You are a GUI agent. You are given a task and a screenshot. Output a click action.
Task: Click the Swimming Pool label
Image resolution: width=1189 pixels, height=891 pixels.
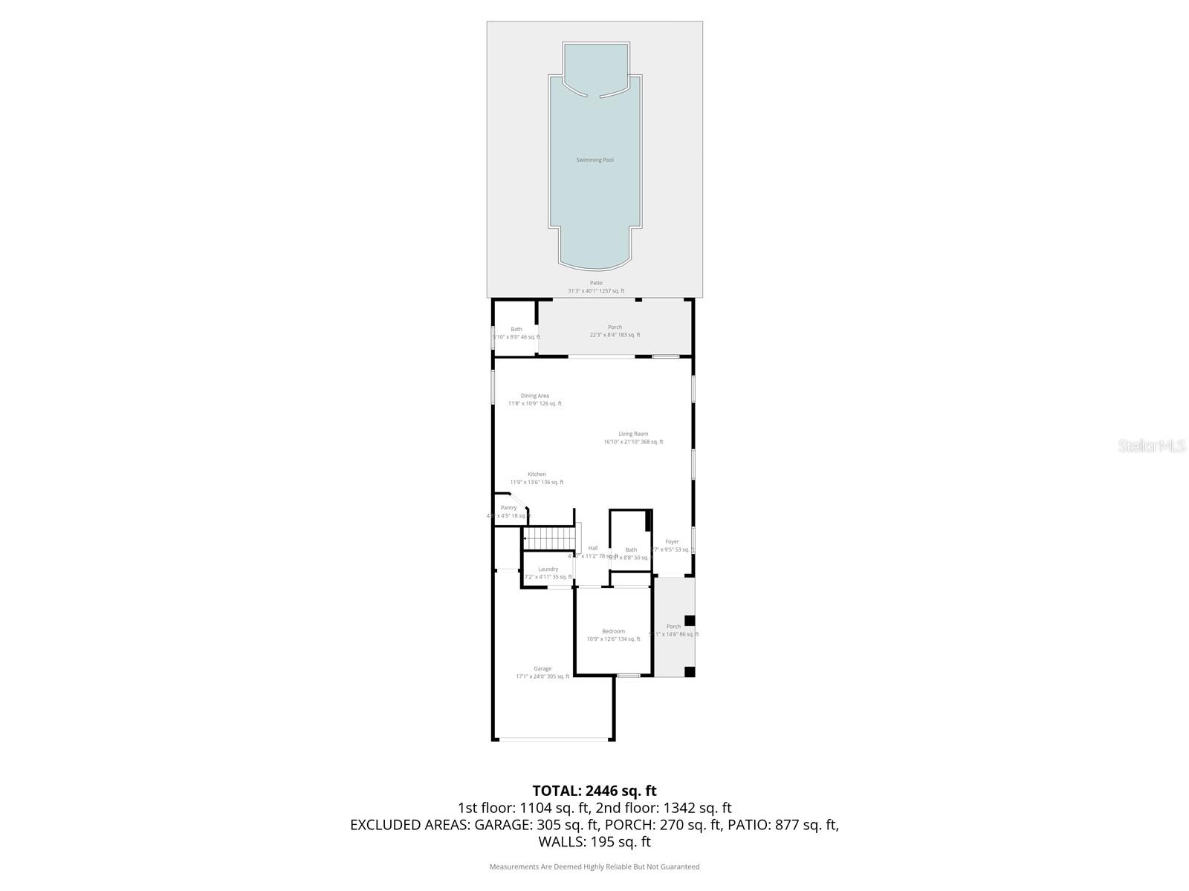[594, 160]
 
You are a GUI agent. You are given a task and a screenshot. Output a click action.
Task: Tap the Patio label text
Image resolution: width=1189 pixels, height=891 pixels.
[596, 283]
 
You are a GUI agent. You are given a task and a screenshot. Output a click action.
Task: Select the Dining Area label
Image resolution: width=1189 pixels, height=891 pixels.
[534, 396]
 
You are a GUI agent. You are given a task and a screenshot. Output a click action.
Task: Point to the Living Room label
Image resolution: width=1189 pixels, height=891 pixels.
[633, 434]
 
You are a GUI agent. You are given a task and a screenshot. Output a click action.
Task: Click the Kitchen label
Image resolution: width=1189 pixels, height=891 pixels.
[537, 474]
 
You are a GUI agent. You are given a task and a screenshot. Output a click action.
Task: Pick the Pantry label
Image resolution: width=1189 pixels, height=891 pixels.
[508, 508]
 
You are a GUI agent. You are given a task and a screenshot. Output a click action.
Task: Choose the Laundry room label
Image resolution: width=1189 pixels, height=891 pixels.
[548, 569]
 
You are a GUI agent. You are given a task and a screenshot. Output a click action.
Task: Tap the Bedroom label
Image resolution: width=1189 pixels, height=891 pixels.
[613, 631]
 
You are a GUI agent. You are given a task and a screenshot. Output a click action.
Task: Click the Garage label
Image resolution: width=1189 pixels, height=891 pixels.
[542, 669]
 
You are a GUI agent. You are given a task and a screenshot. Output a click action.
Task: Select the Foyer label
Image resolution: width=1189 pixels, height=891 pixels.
[672, 542]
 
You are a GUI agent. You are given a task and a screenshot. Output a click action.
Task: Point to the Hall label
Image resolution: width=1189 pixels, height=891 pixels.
[593, 548]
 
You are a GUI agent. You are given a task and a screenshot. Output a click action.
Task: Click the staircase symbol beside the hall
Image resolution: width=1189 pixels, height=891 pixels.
[550, 538]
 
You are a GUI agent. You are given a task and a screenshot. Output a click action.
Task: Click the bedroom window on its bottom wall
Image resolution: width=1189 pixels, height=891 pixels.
[628, 675]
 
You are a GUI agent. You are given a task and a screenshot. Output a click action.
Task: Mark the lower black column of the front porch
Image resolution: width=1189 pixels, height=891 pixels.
[690, 672]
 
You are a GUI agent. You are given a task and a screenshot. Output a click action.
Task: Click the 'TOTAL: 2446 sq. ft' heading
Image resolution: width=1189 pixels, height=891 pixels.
[594, 791]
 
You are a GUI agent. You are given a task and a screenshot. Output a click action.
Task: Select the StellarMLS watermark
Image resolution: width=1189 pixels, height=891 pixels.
[1150, 446]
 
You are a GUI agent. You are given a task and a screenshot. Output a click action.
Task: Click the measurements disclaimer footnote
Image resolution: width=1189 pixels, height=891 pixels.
[594, 866]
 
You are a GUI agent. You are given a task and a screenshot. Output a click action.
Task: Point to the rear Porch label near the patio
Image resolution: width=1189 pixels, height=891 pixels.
[615, 327]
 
